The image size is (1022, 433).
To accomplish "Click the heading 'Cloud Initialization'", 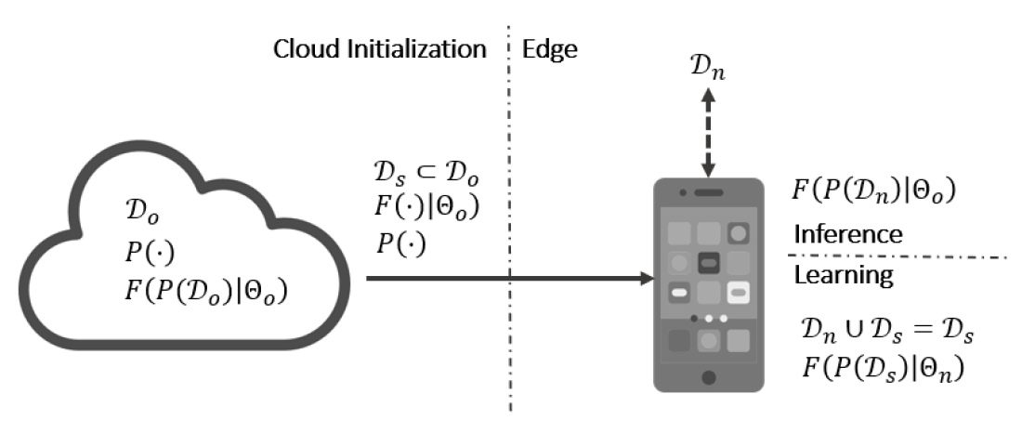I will coord(379,49).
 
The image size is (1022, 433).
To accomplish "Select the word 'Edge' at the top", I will coord(550,49).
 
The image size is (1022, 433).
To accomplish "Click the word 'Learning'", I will coord(842,276).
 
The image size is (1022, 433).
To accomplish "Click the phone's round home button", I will coord(709,378).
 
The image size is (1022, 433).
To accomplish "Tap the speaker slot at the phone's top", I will coord(709,192).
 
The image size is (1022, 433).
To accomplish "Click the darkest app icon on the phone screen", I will coord(709,263).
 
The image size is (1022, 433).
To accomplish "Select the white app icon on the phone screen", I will coord(739,292).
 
